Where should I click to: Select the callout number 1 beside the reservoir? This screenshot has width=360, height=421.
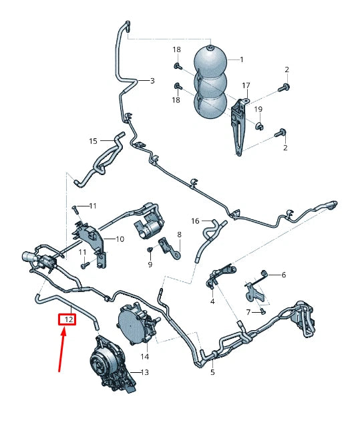241,59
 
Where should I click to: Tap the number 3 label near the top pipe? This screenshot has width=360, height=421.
152,81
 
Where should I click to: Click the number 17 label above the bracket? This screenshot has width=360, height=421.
246,86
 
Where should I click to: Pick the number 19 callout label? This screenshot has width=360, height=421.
258,109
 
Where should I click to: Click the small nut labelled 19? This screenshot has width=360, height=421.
259,126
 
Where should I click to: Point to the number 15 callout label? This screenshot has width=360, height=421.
94,141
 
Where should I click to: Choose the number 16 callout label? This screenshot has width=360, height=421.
195,221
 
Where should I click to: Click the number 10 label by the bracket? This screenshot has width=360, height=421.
120,239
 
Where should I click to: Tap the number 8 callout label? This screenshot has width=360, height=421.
178,234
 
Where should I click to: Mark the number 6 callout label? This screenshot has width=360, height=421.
283,275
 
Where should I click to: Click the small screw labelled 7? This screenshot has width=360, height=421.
262,309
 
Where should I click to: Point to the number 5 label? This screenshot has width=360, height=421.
212,372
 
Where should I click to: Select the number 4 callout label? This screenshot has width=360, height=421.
212,301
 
